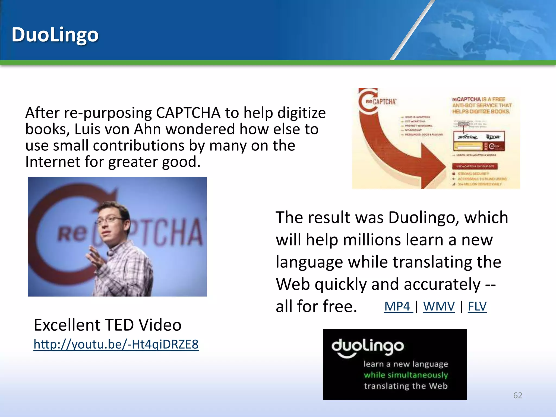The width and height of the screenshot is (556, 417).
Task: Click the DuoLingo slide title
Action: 55,35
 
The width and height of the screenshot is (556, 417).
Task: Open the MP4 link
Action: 397,307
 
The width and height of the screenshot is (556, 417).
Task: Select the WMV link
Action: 439,307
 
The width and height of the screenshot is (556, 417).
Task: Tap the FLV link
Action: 477,307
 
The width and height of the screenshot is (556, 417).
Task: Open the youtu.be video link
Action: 116,344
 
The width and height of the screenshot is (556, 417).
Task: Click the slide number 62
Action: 517,395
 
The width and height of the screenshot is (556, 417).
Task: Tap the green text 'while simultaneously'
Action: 406,375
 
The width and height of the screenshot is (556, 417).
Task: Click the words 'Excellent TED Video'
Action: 108,325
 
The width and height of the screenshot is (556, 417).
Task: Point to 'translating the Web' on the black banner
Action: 406,386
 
